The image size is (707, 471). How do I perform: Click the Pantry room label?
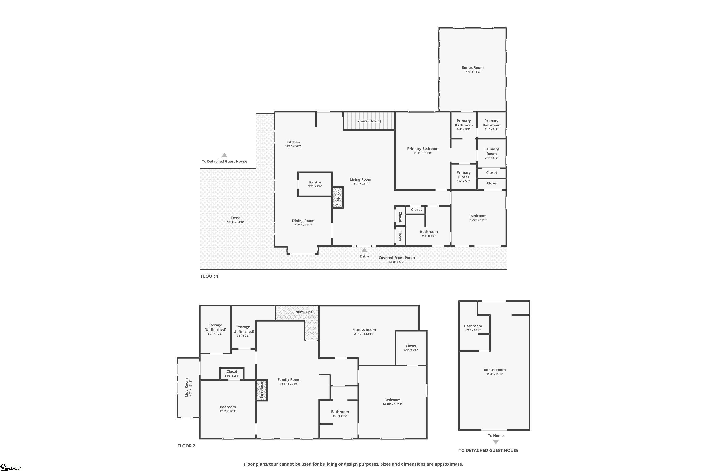(315, 182)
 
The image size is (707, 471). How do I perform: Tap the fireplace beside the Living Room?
(337, 197)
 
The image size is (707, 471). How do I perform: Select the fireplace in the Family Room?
(262, 390)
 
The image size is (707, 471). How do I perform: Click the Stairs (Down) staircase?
(369, 121)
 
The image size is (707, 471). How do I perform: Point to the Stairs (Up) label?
(302, 312)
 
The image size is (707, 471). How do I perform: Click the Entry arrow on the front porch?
(364, 250)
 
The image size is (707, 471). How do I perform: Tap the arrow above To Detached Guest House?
(224, 155)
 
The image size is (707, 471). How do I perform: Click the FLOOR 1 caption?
(210, 276)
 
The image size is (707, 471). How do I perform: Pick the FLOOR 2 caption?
(186, 446)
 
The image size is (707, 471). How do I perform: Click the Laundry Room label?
(491, 151)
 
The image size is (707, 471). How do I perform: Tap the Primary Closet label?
(464, 175)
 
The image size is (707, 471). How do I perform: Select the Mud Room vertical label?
(186, 387)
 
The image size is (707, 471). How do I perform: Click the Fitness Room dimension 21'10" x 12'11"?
(364, 334)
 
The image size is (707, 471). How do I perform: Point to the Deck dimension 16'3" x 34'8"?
(235, 222)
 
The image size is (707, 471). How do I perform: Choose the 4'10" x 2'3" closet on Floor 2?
(232, 373)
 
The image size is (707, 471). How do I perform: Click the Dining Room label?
(303, 221)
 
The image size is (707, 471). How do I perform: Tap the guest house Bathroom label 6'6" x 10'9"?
(473, 328)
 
